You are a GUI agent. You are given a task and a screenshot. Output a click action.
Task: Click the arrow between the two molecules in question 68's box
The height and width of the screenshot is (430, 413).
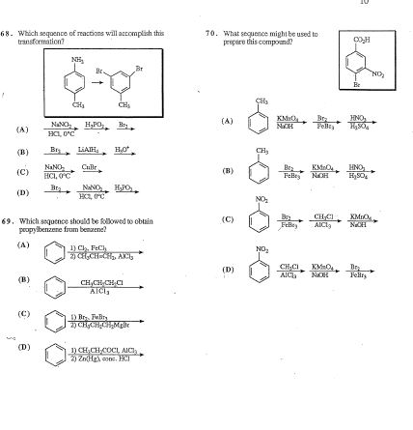[x=99, y=80]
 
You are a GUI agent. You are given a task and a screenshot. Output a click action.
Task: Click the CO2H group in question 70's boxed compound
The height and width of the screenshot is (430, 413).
[x=359, y=39]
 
